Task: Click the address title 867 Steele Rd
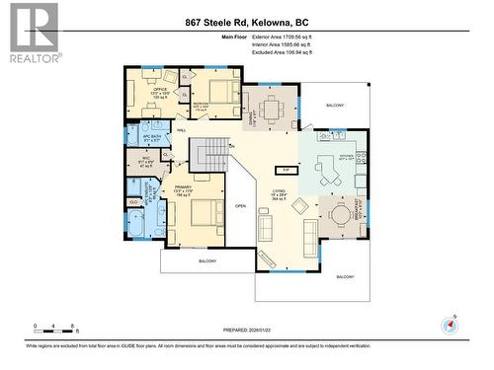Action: tap(247, 21)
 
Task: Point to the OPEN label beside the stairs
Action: tap(240, 206)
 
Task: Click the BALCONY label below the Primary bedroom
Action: tap(206, 260)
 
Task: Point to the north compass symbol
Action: tap(454, 324)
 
